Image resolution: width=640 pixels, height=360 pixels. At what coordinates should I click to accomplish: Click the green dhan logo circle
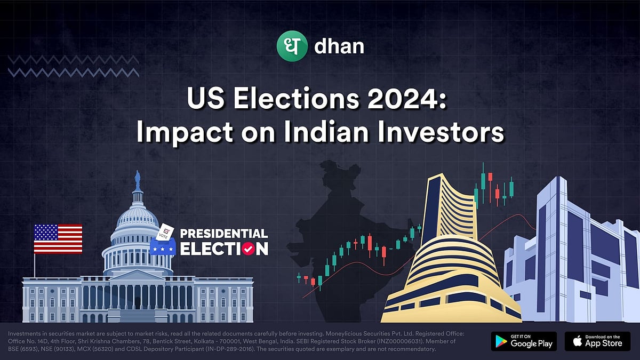pyautogui.click(x=293, y=45)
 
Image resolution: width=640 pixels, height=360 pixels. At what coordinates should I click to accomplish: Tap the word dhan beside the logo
pyautogui.click(x=339, y=46)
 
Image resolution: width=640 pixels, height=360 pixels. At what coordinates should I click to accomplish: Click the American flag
pyautogui.click(x=58, y=238)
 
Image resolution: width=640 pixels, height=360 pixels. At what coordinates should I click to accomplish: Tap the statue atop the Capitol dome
pyautogui.click(x=138, y=181)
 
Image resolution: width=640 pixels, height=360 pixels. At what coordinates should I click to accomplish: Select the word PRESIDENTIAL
pyautogui.click(x=223, y=234)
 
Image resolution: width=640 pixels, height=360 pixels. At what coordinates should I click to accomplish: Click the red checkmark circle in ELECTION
pyautogui.click(x=247, y=248)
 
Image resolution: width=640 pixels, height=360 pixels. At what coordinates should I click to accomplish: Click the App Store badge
pyautogui.click(x=597, y=341)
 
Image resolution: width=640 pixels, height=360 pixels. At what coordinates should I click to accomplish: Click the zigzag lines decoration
pyautogui.click(x=74, y=66)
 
